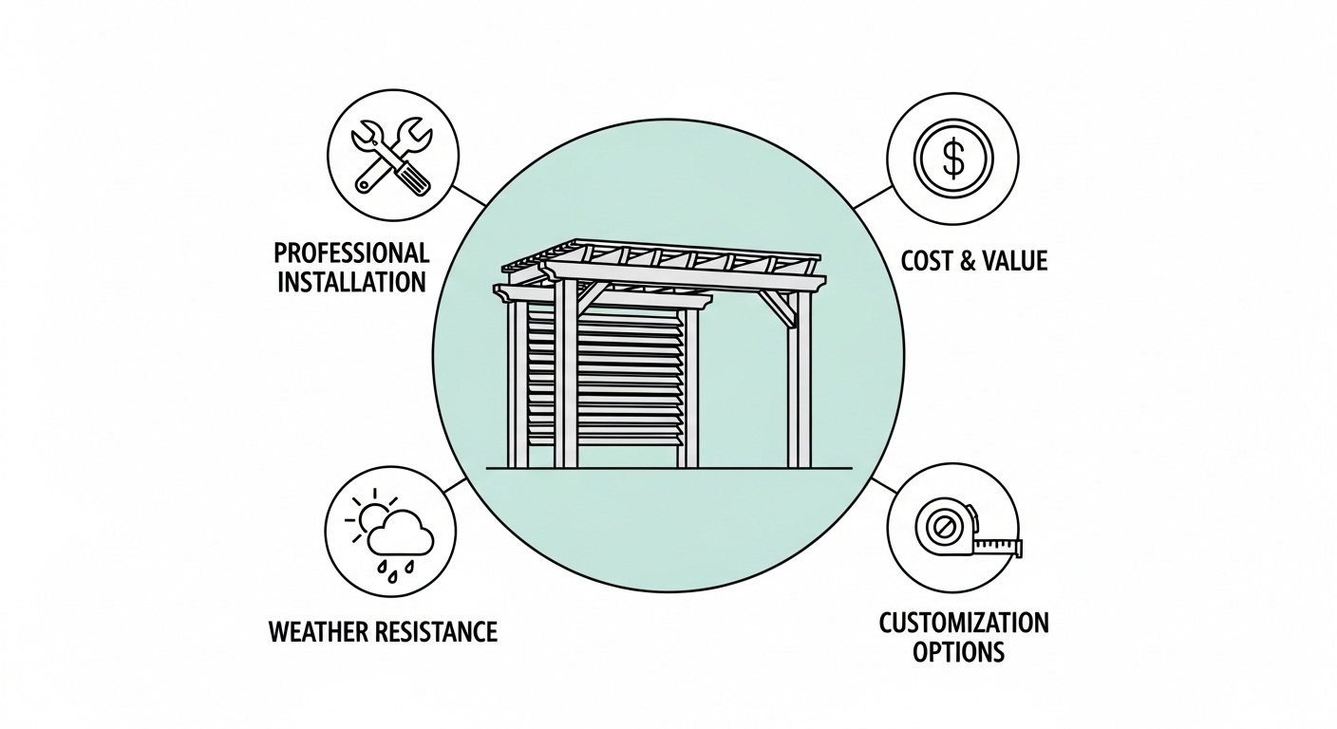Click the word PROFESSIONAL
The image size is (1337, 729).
pyautogui.click(x=351, y=253)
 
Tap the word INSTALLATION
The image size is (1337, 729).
pyautogui.click(x=351, y=282)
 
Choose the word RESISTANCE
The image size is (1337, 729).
pyautogui.click(x=439, y=631)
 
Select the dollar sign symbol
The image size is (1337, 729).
pyautogui.click(x=952, y=159)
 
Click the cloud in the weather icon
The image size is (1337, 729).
pyautogui.click(x=400, y=537)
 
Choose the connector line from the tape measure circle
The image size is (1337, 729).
pyautogui.click(x=883, y=485)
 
